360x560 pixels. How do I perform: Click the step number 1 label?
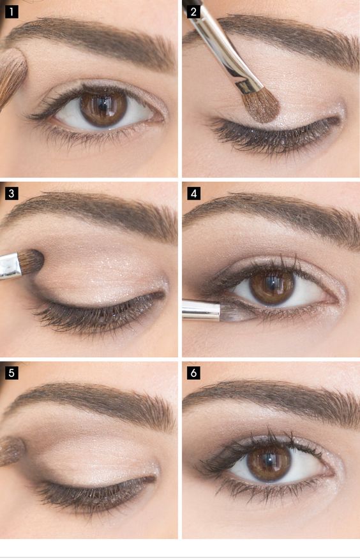point(11,11)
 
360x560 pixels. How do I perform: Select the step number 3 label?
point(11,192)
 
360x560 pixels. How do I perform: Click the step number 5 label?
point(11,372)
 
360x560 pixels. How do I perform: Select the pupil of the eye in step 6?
point(269,461)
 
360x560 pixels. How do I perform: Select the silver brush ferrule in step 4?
point(200,310)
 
